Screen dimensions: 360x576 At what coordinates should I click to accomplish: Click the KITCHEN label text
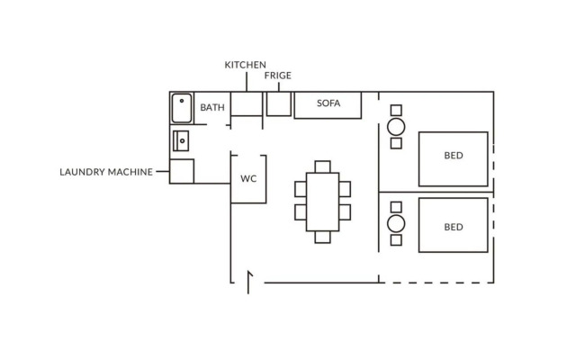tap(245, 65)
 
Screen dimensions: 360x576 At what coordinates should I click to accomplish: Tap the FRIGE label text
tap(278, 76)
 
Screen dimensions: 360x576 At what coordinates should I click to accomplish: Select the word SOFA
tap(328, 103)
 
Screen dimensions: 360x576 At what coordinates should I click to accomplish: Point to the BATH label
tap(212, 107)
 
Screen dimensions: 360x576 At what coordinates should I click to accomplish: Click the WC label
tap(248, 178)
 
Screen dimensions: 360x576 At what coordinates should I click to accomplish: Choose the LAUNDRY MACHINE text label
tap(105, 171)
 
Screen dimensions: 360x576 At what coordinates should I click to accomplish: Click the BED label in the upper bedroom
tap(454, 156)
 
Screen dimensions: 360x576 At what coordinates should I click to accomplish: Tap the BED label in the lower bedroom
tap(454, 227)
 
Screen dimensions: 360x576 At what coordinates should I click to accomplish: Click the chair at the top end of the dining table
tap(322, 166)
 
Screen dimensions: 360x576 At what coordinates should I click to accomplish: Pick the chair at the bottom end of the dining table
tap(322, 238)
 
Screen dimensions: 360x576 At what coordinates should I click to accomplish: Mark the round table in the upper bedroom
tap(396, 126)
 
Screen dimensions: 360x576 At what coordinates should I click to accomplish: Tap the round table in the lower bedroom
tap(396, 224)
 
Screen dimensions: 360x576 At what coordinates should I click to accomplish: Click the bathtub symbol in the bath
tap(182, 109)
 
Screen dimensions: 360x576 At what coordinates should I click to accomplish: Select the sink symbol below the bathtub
tap(180, 140)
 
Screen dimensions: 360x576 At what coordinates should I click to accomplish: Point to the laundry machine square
tap(182, 171)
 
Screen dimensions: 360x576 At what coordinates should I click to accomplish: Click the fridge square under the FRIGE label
tap(278, 103)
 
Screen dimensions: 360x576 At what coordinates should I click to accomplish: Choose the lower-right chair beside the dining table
tap(344, 212)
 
